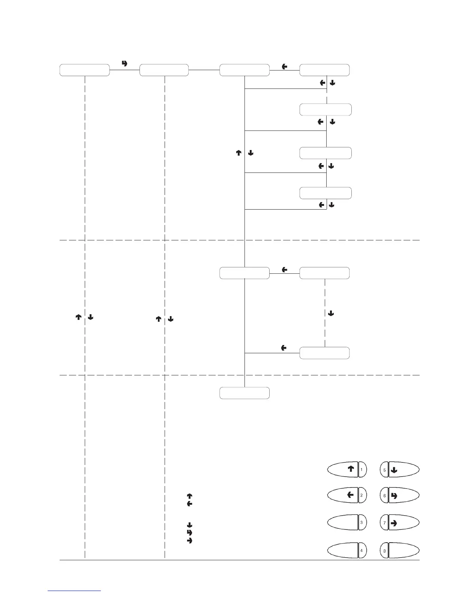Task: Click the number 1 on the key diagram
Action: pyautogui.click(x=362, y=469)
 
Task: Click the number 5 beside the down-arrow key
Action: pyautogui.click(x=384, y=469)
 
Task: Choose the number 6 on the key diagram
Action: pyautogui.click(x=384, y=495)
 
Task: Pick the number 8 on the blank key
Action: pyautogui.click(x=384, y=551)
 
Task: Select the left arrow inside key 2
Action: pyautogui.click(x=350, y=495)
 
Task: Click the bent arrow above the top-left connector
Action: pyautogui.click(x=125, y=63)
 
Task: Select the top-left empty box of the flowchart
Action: pyautogui.click(x=85, y=70)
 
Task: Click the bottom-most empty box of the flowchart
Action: pyautogui.click(x=244, y=393)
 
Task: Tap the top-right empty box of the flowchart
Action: pyautogui.click(x=325, y=70)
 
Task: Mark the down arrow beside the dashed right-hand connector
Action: pyautogui.click(x=331, y=313)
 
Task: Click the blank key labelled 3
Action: pyautogui.click(x=343, y=522)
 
